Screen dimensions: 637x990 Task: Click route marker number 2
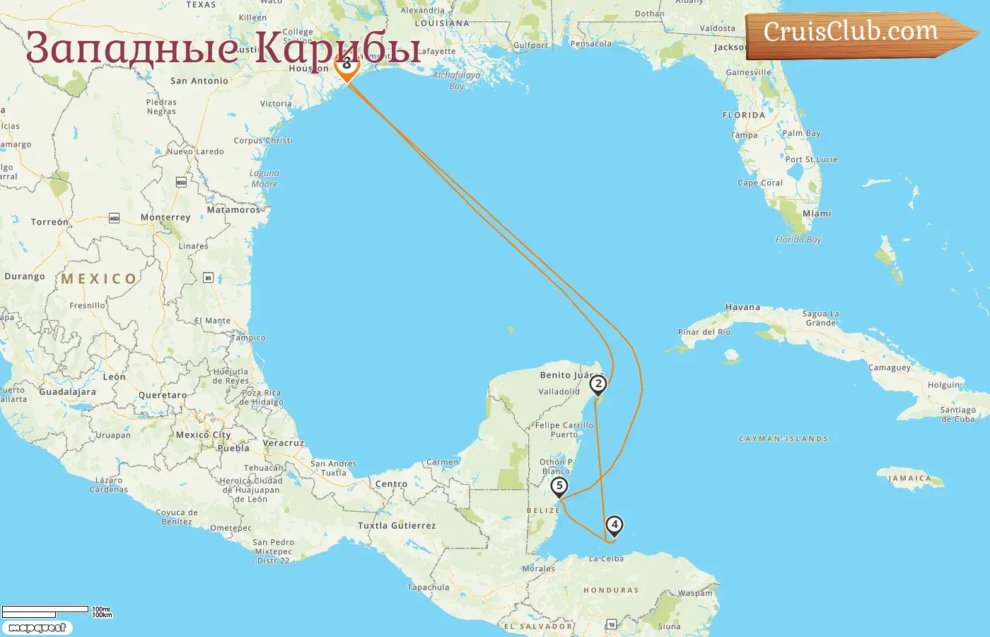coord(598,384)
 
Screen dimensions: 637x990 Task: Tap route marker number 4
coord(615,524)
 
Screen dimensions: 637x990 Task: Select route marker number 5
coord(559,486)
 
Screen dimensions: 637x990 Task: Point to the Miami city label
coord(817,213)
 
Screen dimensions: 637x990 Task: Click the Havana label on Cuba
coord(742,307)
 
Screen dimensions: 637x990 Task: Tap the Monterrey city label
coord(165,217)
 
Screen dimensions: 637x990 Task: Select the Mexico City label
coord(203,435)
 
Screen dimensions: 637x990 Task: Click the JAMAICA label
coord(910,478)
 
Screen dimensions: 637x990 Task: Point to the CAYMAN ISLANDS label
coord(783,439)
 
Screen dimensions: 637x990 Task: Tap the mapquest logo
coord(37,628)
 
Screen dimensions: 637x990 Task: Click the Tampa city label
coord(744,135)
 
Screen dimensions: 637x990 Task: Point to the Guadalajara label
coord(67,391)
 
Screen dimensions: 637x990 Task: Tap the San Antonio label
coord(199,81)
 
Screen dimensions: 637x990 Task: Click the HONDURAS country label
coord(611,590)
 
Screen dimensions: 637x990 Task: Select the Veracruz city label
coord(283,443)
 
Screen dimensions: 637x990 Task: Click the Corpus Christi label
coord(263,140)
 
